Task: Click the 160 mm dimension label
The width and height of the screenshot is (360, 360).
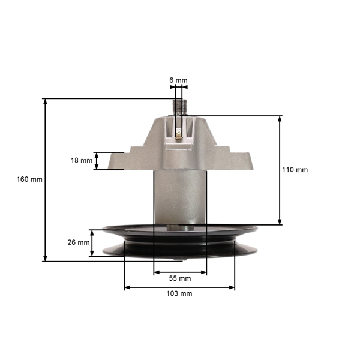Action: (30, 179)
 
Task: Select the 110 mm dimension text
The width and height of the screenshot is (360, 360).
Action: (295, 170)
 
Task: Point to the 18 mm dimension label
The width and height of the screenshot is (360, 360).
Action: (82, 160)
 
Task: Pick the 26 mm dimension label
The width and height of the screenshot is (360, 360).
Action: (79, 242)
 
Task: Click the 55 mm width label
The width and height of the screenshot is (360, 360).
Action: (180, 278)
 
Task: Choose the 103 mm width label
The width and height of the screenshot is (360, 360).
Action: (179, 294)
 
